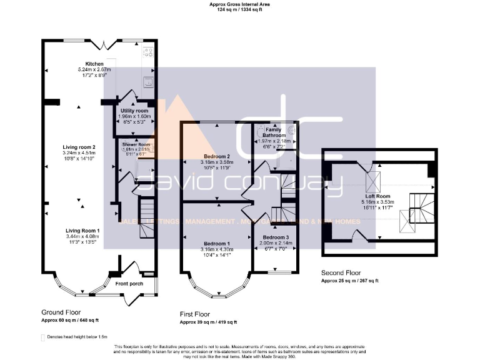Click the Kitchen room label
[x=94, y=64]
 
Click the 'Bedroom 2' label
[x=218, y=156]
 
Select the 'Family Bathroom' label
[x=274, y=132]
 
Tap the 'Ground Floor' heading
[x=61, y=312]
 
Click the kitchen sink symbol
[x=149, y=81]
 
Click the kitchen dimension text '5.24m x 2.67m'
[x=94, y=69]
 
